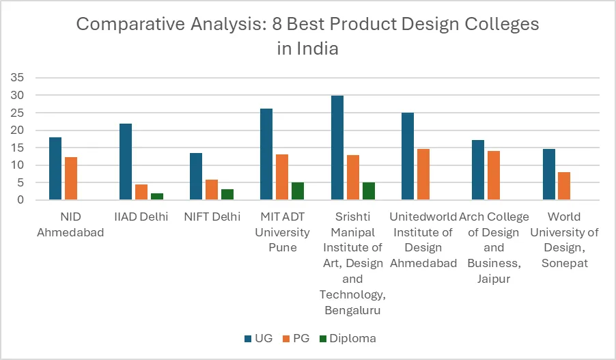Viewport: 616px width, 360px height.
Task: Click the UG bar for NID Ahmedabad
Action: coord(55,169)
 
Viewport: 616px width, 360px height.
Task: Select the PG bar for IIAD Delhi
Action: coord(141,192)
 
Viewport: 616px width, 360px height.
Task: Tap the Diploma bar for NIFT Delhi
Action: coord(227,195)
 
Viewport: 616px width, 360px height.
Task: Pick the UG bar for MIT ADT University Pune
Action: coord(266,154)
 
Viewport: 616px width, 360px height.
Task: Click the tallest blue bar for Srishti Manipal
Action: coord(337,148)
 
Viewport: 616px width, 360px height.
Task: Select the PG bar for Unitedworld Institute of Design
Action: coord(423,174)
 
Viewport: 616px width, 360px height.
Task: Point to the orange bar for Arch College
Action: coord(494,176)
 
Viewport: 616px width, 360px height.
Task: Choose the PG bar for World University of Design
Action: coord(565,186)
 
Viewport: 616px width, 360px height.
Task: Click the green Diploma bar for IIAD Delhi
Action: coord(157,197)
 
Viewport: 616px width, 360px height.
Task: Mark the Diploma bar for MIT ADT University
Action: coord(298,191)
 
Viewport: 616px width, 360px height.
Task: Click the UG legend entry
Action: coord(257,338)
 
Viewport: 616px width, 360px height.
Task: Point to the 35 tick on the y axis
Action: coord(17,77)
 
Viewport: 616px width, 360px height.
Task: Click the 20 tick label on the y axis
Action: coord(17,130)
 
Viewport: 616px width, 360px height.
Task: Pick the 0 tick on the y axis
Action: coord(20,200)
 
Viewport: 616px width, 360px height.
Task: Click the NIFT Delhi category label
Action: coord(212,217)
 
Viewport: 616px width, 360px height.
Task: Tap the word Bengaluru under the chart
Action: coord(352,311)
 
